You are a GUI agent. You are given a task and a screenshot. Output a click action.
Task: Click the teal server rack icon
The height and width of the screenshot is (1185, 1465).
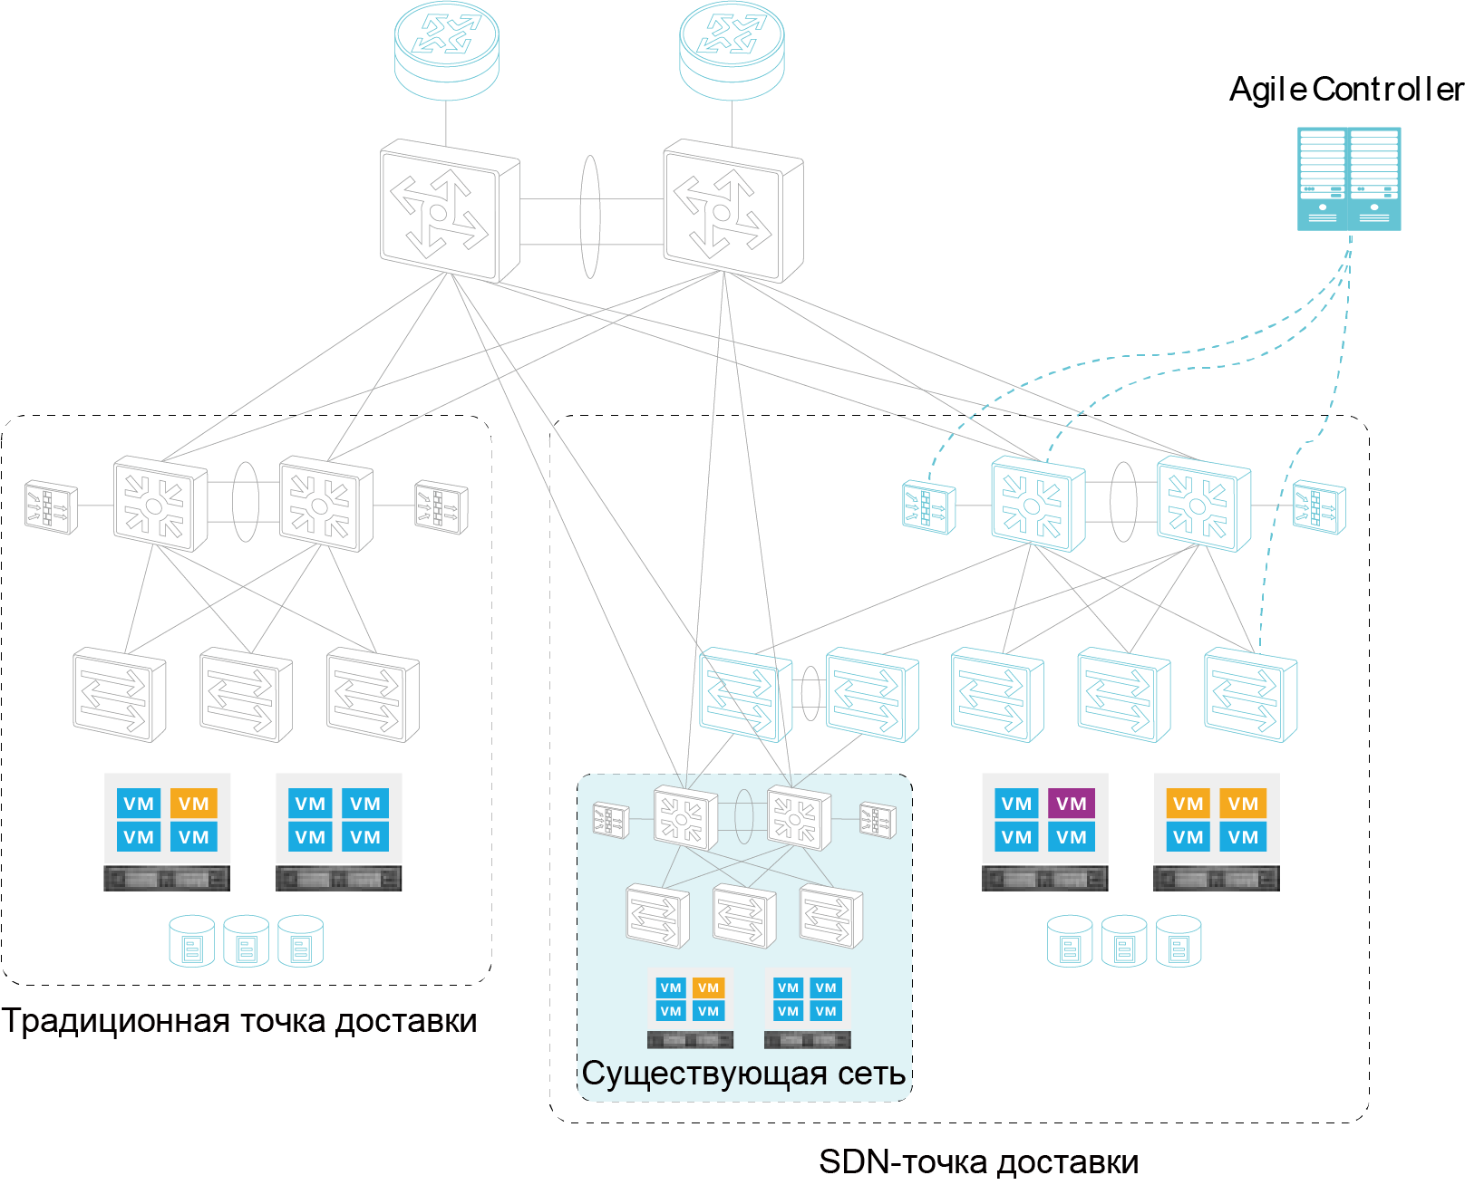(1349, 178)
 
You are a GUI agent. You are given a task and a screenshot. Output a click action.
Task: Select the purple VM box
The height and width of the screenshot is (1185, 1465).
(1071, 804)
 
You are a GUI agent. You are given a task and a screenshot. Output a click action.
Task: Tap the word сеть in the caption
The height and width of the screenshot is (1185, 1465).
(871, 1074)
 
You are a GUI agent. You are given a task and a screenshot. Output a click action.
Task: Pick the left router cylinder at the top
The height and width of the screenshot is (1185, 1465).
(447, 51)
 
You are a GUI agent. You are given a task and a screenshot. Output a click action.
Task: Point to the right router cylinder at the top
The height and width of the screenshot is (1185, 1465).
(732, 51)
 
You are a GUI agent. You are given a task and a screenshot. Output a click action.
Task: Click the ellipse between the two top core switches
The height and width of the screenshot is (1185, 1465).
(590, 217)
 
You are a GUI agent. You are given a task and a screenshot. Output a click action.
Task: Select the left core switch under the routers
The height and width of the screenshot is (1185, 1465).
(449, 211)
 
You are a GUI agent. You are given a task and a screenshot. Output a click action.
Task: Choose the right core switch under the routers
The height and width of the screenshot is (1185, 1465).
(732, 211)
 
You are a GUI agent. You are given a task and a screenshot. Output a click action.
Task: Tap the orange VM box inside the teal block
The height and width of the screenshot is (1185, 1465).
(708, 988)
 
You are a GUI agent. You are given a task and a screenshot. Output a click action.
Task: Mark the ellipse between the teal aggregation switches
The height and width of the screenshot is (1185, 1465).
(1123, 502)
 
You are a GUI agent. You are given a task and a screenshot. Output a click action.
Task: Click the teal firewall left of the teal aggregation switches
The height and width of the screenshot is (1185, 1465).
(928, 507)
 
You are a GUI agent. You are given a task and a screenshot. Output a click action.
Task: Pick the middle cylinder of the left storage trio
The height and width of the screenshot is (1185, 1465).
(246, 941)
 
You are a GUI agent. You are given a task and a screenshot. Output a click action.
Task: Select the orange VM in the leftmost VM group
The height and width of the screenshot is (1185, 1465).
(193, 804)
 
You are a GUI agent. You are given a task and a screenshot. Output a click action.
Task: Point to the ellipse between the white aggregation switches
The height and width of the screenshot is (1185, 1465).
(246, 502)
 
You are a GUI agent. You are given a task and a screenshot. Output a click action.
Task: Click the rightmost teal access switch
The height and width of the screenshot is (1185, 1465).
(1250, 694)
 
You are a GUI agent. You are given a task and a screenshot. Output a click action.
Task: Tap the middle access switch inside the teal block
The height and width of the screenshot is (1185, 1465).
(744, 916)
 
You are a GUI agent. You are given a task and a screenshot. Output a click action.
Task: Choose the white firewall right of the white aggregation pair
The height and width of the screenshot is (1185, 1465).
(441, 507)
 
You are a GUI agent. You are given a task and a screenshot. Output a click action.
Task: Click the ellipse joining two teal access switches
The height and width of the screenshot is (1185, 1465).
(810, 694)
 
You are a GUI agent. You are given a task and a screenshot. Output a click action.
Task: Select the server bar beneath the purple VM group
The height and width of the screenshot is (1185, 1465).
(1044, 878)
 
